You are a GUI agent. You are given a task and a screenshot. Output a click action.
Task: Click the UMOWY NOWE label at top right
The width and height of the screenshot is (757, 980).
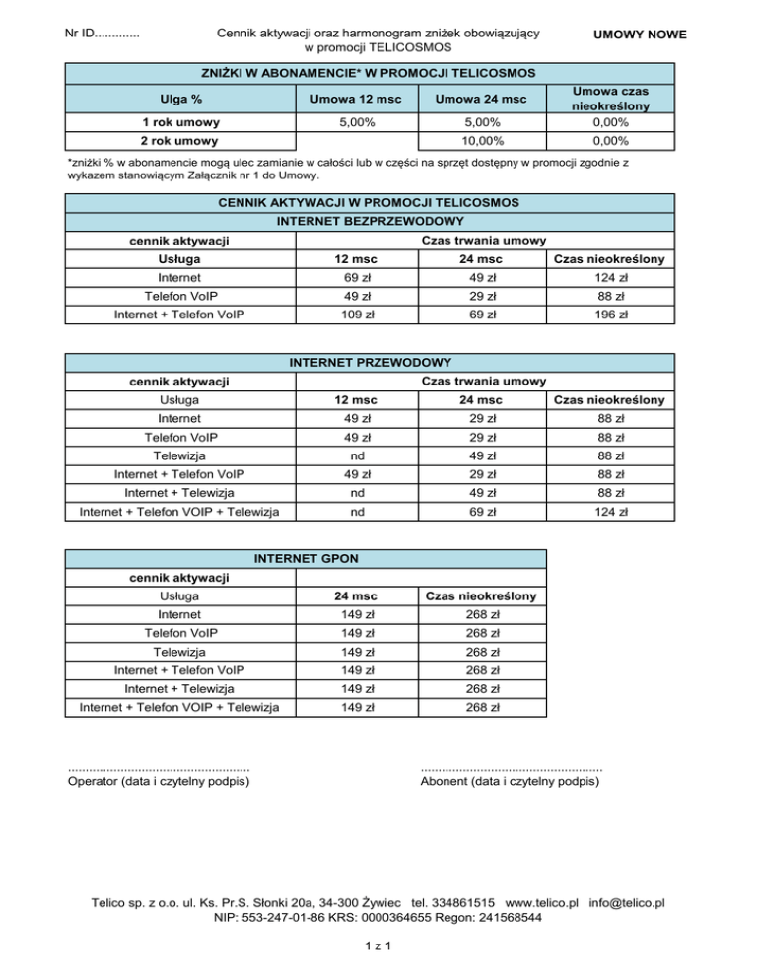pos(640,35)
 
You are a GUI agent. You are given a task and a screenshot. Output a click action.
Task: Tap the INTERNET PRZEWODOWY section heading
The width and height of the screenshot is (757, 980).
pos(370,362)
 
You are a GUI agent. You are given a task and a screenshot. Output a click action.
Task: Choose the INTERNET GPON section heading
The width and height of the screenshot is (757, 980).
pos(306,559)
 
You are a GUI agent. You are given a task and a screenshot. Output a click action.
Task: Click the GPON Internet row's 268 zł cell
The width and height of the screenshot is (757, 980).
pos(479,614)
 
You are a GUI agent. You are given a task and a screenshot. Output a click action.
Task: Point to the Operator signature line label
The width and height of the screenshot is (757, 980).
pos(158,782)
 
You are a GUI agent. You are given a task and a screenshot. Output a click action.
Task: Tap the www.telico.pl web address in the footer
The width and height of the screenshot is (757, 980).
pos(541,902)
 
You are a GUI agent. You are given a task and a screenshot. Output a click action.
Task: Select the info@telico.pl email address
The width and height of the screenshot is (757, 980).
pos(626,902)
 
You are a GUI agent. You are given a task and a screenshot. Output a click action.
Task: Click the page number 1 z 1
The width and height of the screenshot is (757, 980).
pos(378,947)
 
